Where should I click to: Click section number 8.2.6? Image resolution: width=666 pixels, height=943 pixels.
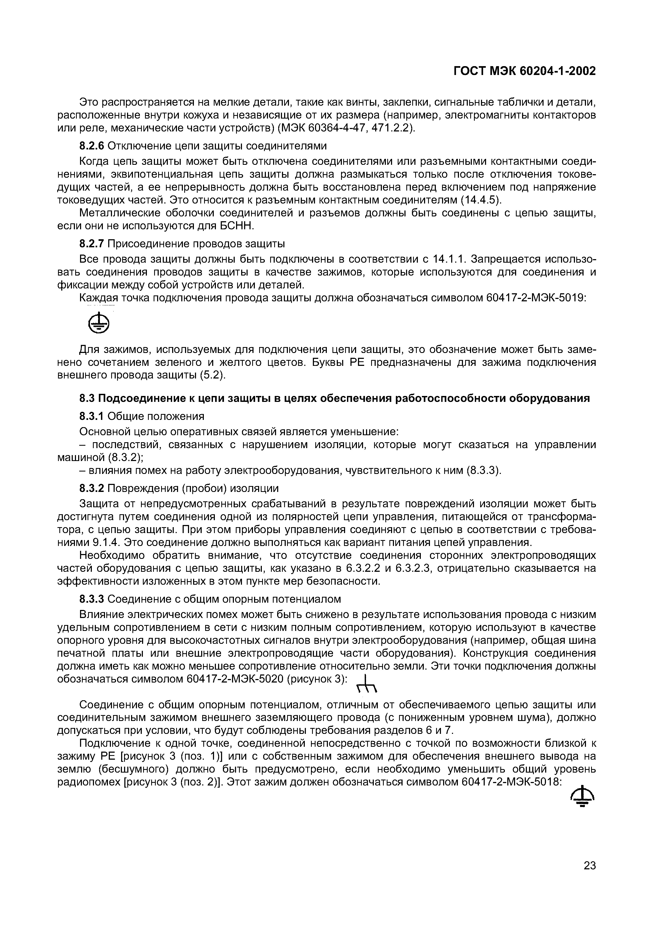[92, 146]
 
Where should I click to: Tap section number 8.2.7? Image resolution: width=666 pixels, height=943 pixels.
[92, 244]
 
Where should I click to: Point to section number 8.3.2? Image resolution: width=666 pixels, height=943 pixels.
[92, 488]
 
